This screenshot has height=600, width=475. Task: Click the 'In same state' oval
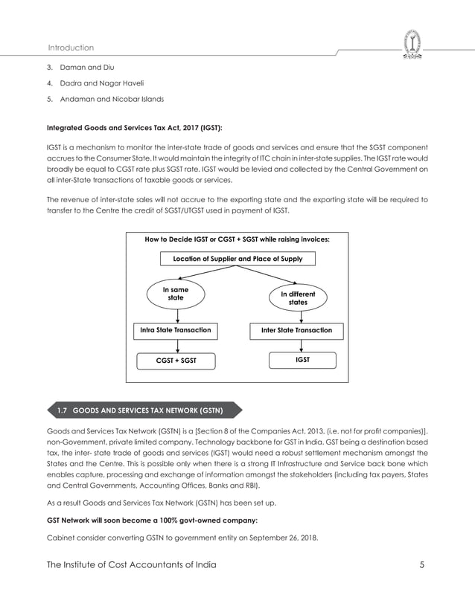tap(176, 294)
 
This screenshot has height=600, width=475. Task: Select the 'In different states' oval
tap(298, 298)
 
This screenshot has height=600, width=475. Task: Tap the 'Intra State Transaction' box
tap(176, 329)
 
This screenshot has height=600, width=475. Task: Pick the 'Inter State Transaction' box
tap(296, 329)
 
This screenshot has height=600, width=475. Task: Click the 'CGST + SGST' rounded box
tap(176, 361)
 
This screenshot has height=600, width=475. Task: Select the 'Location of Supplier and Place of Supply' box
tap(238, 259)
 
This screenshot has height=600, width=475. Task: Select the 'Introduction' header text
tap(71, 48)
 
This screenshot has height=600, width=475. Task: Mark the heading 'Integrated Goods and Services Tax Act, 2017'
tap(135, 128)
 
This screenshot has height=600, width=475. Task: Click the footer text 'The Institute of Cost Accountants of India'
tap(132, 565)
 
